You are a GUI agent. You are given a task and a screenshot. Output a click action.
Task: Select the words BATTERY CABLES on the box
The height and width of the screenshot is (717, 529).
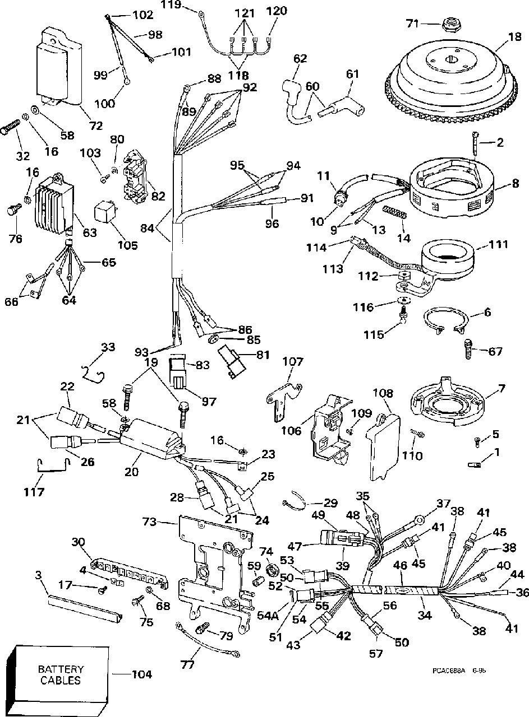click(x=61, y=675)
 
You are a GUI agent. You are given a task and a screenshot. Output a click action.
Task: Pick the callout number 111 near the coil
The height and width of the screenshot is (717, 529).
click(x=498, y=245)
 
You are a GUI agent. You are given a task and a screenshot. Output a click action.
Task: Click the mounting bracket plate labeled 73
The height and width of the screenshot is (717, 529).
click(x=213, y=560)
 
